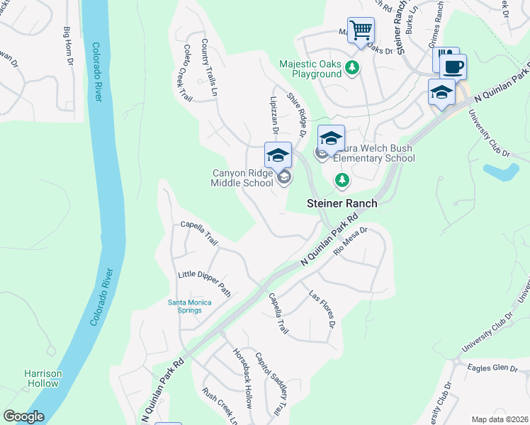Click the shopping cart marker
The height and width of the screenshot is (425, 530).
(x=361, y=31)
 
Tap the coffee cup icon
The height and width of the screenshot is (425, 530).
(x=453, y=67)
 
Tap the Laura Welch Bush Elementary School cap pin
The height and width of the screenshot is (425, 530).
(x=331, y=139)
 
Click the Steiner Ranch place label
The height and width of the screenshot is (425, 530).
(x=342, y=203)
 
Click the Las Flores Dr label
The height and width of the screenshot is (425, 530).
(x=322, y=309)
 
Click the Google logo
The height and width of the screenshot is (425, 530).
(x=23, y=416)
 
